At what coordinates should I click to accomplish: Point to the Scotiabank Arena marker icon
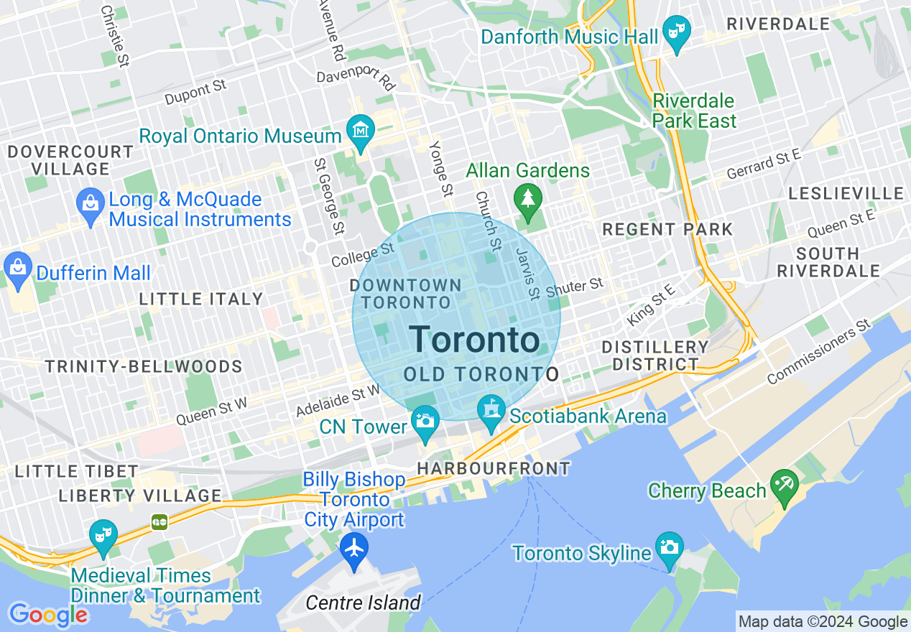pos(491,412)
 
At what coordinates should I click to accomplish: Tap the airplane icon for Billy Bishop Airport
pos(354,548)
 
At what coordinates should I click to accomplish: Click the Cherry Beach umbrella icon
pos(784,485)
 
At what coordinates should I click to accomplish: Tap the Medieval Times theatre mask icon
pos(103,536)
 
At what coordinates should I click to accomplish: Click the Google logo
pos(47,615)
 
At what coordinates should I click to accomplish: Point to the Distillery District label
pos(655,355)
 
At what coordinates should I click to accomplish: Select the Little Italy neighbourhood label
pos(201,299)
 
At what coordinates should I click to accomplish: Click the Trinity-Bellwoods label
pos(144,367)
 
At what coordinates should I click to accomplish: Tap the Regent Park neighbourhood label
pos(667,230)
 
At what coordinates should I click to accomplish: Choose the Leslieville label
pos(846,194)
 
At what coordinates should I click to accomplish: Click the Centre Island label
pos(363,603)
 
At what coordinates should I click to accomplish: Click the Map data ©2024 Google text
pos(823,622)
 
